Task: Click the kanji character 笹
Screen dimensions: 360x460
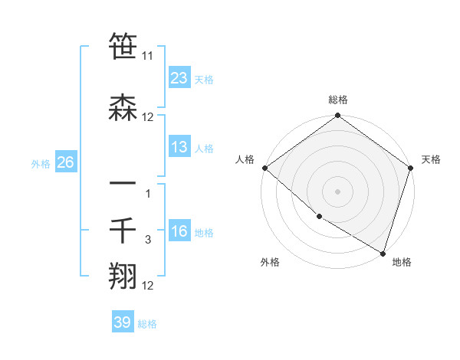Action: coord(123,47)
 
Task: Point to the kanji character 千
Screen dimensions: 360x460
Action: coord(123,230)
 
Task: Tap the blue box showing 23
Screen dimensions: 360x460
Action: coord(179,77)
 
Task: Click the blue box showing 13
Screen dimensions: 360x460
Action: coord(179,147)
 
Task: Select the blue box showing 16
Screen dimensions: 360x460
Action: coord(179,232)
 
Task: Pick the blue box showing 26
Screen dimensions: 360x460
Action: coord(65,162)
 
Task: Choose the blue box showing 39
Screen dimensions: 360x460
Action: coord(123,322)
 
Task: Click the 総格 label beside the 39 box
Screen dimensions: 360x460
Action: coord(147,324)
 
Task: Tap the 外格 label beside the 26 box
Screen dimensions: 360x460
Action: coord(41,163)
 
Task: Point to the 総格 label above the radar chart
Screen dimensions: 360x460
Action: coord(338,100)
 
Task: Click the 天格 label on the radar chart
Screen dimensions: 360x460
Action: coord(431,159)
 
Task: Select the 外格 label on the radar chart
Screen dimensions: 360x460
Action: coord(270,262)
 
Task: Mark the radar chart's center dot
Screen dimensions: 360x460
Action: coord(337,191)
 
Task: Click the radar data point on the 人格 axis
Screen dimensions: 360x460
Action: coord(264,168)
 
